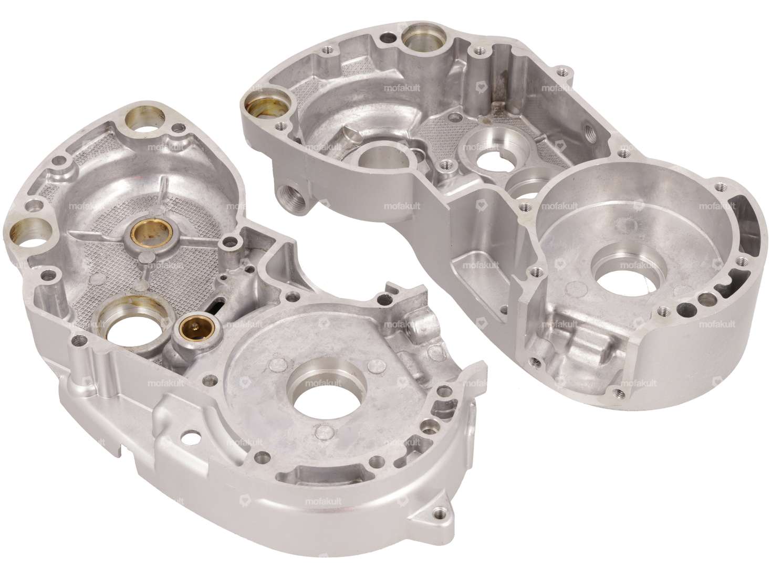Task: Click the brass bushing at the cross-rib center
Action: pyautogui.click(x=148, y=230)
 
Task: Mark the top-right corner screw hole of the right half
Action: pyautogui.click(x=564, y=71)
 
